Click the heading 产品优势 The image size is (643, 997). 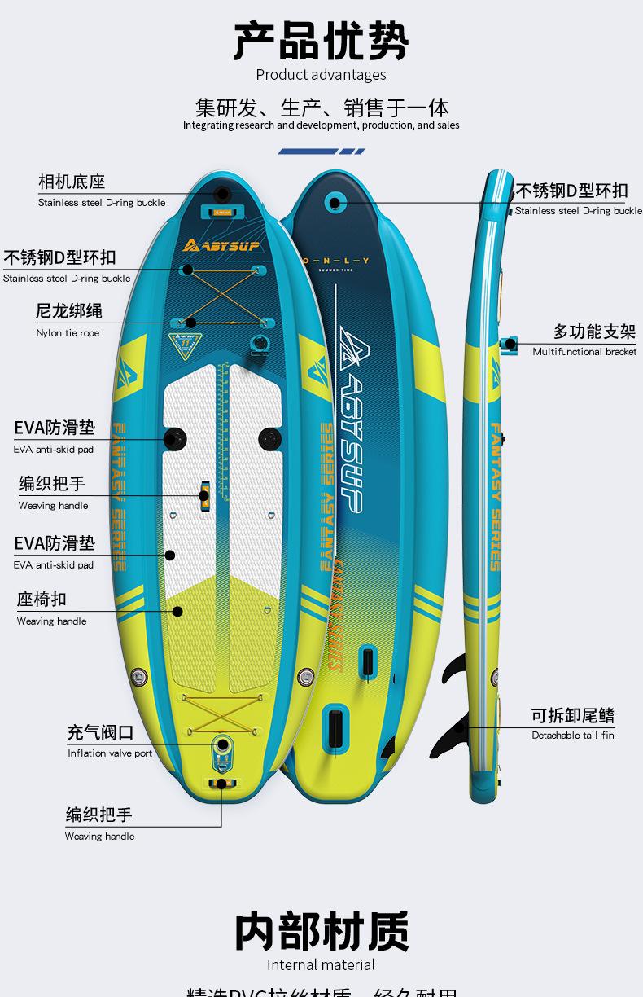(321, 41)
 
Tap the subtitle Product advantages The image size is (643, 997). (321, 75)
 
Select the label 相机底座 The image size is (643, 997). (72, 182)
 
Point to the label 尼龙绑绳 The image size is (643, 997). (69, 311)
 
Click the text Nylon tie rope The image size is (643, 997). (68, 333)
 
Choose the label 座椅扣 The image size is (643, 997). (42, 600)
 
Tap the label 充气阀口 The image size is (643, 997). (100, 732)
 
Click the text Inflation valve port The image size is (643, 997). (110, 753)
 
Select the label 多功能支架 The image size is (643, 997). (594, 332)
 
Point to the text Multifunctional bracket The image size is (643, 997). (584, 352)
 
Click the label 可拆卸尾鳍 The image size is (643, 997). (573, 715)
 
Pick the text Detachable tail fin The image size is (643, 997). (573, 736)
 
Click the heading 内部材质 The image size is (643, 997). (321, 932)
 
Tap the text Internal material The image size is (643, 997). (321, 965)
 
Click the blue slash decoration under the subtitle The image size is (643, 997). (321, 152)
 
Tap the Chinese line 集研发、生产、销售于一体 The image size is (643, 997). (321, 108)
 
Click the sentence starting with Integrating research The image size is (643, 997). (321, 125)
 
